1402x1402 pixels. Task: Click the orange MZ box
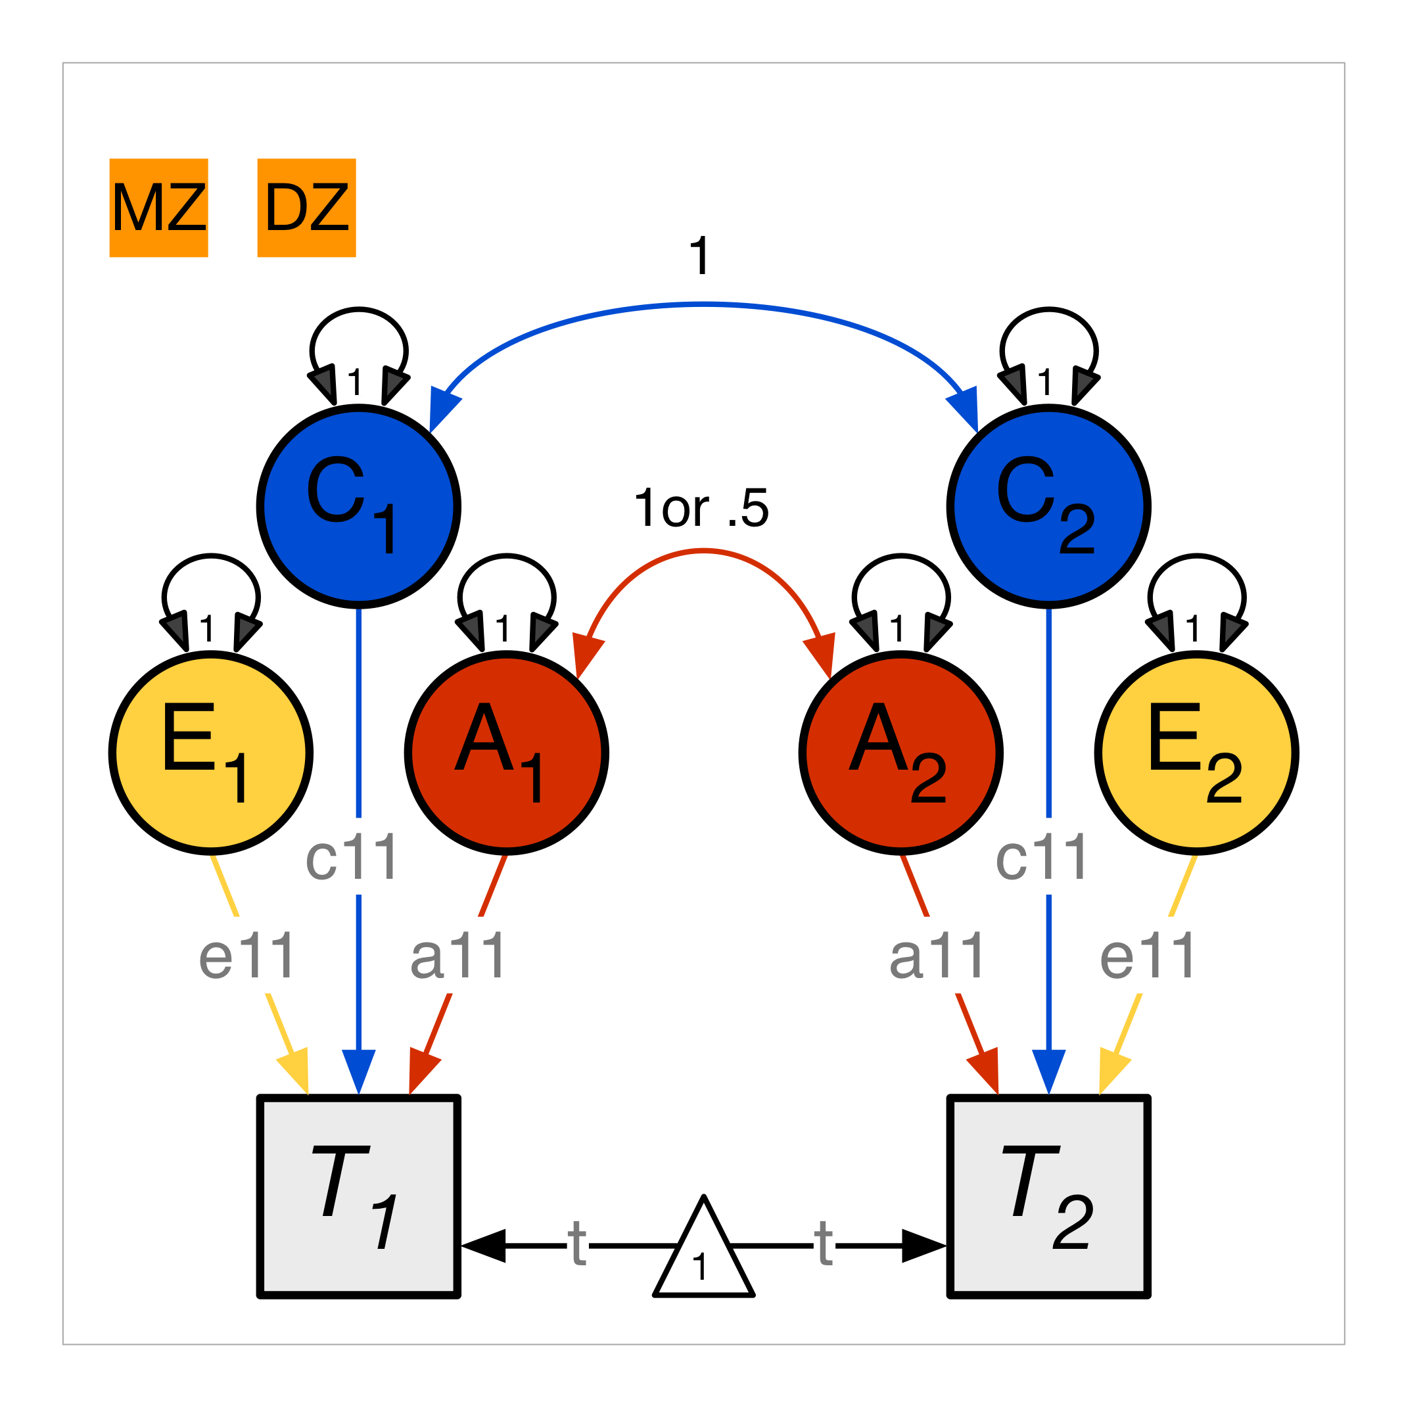tap(159, 208)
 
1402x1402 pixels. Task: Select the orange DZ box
tap(307, 208)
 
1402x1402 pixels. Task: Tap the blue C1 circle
tap(358, 507)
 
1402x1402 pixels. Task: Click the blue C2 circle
tap(1048, 507)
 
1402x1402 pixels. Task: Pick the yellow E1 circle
tap(211, 753)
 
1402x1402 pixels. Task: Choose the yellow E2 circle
tap(1197, 753)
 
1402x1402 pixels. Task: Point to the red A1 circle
tap(507, 753)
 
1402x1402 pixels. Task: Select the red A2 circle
tap(900, 753)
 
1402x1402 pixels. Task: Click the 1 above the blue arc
tap(699, 256)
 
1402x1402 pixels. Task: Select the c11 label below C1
tap(352, 857)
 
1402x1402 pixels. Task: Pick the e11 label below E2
tap(1147, 956)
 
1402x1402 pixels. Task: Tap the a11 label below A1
tap(458, 956)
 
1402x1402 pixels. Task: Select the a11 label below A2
tap(937, 956)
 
